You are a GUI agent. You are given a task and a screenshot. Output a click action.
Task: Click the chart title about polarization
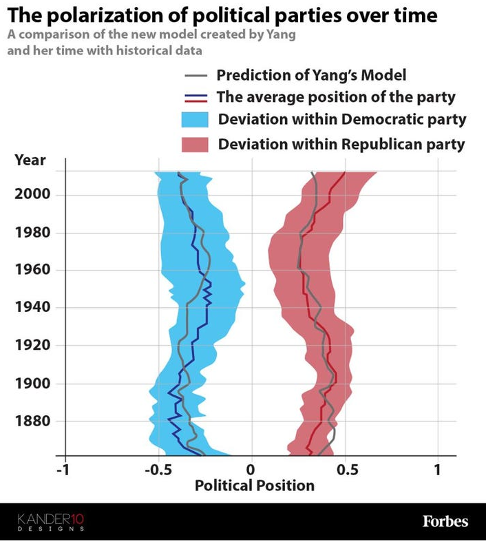[222, 14]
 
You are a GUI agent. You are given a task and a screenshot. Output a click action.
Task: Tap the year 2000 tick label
[32, 194]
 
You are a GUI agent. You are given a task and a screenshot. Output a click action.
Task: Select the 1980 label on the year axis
[32, 232]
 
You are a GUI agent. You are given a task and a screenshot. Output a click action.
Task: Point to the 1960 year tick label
[32, 269]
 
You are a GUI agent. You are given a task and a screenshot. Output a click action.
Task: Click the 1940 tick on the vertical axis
[32, 307]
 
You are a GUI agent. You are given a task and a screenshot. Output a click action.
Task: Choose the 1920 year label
[32, 345]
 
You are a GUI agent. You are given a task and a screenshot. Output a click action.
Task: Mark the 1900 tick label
[32, 383]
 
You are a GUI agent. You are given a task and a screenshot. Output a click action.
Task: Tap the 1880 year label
[32, 421]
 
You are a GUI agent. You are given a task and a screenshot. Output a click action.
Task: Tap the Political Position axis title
[254, 486]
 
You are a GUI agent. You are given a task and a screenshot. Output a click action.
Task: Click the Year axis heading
[30, 160]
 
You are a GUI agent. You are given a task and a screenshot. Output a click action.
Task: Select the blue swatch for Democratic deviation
[195, 119]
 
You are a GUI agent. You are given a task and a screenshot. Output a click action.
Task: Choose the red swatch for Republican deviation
[195, 145]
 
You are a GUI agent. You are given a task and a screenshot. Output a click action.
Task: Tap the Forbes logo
[445, 521]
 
